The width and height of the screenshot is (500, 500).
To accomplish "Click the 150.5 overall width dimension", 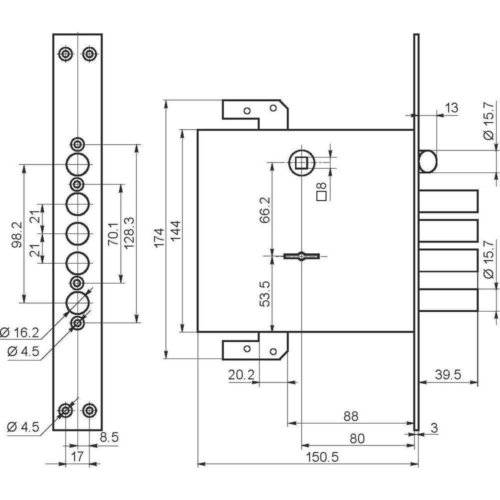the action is pos(322,457).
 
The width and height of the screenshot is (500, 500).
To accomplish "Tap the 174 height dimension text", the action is pos(160,237).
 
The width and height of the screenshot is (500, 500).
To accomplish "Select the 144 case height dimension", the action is pos(175,230).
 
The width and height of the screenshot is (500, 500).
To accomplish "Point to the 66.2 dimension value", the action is pos(264,209).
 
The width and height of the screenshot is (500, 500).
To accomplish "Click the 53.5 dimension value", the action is pos(264,293).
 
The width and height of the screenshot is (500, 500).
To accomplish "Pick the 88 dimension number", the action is pos(351,416).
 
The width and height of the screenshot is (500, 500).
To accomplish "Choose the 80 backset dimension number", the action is pos(357,438).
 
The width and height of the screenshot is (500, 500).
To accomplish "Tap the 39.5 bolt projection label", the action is pos(448,374).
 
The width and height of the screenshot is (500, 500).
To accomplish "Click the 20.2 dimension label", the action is pos(241,374).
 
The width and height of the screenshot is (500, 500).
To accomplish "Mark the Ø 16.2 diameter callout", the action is pos(20,332).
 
